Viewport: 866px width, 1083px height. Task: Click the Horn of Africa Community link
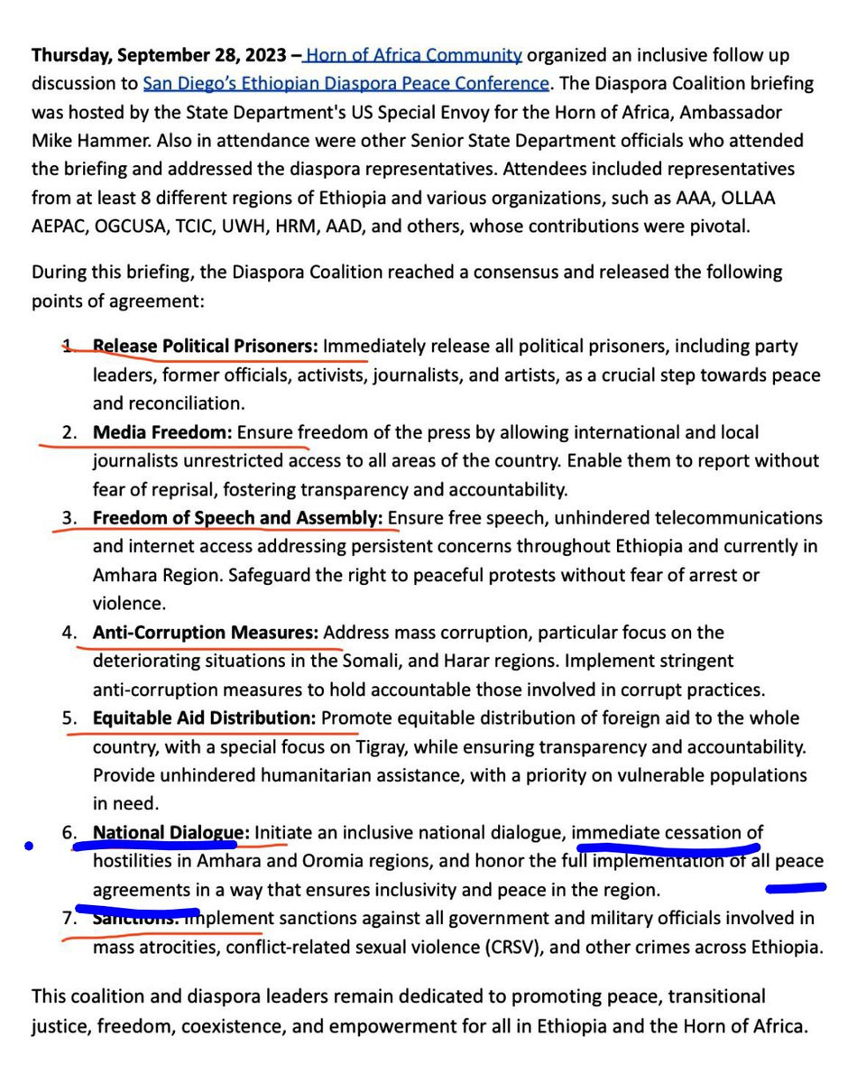[x=414, y=54]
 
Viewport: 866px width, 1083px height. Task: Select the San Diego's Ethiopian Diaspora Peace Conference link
[x=345, y=83]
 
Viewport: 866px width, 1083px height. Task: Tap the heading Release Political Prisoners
[x=205, y=346]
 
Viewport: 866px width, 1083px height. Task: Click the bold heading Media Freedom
[x=162, y=431]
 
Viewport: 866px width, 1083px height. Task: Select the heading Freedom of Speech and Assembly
[x=237, y=518]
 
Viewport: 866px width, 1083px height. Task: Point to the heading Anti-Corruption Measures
[x=205, y=632]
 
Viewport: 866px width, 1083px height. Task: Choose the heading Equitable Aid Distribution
[x=204, y=718]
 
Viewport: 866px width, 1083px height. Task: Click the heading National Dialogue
[x=170, y=832]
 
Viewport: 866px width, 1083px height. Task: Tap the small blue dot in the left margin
[x=29, y=846]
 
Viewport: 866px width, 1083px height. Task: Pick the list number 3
[x=69, y=518]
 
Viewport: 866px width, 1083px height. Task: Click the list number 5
[x=69, y=718]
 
